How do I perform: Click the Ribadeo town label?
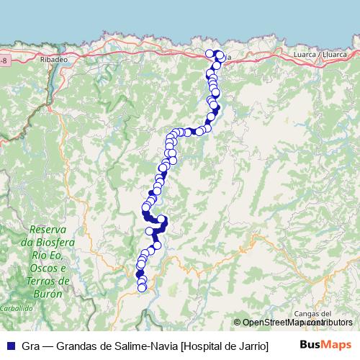[x=53, y=60]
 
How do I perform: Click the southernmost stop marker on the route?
[x=142, y=288]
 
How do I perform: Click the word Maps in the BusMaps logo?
[x=337, y=346]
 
